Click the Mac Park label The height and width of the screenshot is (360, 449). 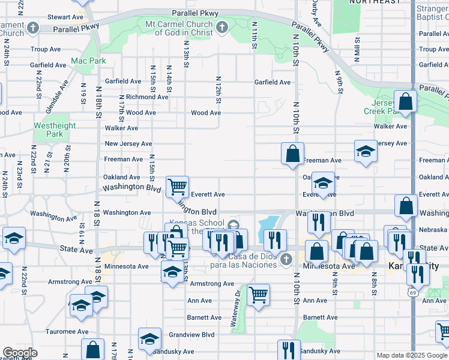pyautogui.click(x=88, y=61)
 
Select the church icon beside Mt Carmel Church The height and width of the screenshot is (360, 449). pyautogui.click(x=221, y=28)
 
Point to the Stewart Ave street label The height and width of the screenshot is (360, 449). pyautogui.click(x=64, y=17)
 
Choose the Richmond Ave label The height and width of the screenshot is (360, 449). pyautogui.click(x=146, y=97)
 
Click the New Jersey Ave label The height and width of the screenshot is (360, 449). pyautogui.click(x=128, y=144)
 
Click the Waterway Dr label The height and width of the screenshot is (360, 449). pyautogui.click(x=235, y=308)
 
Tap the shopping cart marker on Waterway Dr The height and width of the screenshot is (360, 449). pyautogui.click(x=258, y=295)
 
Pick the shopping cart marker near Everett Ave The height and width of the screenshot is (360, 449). pyautogui.click(x=177, y=187)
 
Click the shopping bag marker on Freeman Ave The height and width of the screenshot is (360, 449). pyautogui.click(x=292, y=154)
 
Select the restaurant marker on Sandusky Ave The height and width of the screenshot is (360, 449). pyautogui.click(x=289, y=350)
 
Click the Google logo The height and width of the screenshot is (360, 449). pyautogui.click(x=20, y=353)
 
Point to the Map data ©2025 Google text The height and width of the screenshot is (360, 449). pyautogui.click(x=412, y=355)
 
